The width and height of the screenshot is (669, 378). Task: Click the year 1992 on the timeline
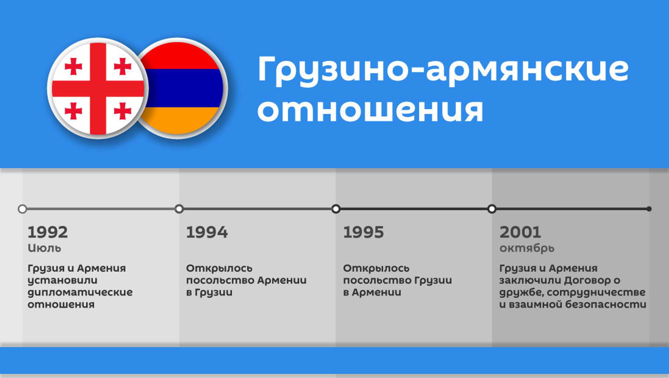tap(48, 232)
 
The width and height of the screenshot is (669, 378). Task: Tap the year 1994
tap(207, 232)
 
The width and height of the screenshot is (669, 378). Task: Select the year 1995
tap(364, 232)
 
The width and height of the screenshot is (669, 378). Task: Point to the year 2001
tap(520, 232)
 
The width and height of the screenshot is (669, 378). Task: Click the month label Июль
tap(44, 248)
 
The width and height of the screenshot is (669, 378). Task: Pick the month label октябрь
tap(527, 248)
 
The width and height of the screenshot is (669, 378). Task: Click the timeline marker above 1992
tap(22, 209)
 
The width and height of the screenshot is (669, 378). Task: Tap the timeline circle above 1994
tap(179, 209)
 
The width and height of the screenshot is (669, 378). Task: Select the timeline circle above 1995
tap(336, 209)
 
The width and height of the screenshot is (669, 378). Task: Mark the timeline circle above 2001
tap(492, 209)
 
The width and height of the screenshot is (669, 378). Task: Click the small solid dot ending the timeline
tap(649, 209)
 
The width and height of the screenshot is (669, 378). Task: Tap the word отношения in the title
tap(370, 110)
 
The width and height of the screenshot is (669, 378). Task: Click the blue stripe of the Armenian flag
tap(183, 88)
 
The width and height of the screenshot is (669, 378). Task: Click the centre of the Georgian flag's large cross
tap(98, 89)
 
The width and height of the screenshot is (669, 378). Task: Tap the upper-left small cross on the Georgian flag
tap(73, 66)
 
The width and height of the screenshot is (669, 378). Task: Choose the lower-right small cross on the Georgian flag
tap(123, 111)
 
